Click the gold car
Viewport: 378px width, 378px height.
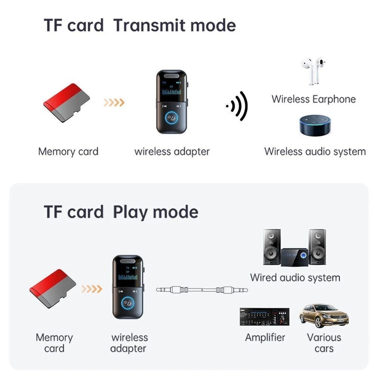point(324,316)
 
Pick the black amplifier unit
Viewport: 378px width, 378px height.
point(264,317)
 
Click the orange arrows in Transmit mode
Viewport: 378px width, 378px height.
point(114,102)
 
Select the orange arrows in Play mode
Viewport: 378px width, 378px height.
point(92,289)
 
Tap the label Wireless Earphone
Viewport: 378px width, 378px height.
point(313,99)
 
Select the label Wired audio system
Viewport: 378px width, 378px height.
point(295,277)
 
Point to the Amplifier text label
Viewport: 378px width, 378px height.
point(265,337)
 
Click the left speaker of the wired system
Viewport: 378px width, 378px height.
point(272,246)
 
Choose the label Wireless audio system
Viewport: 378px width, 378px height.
point(315,152)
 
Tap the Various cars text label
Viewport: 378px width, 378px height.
point(324,342)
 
